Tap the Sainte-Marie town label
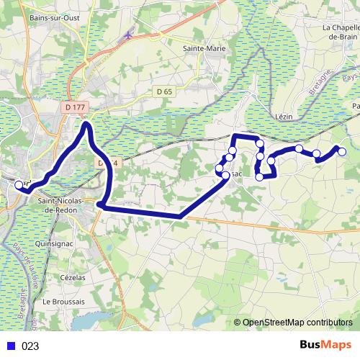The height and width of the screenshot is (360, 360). click(204, 48)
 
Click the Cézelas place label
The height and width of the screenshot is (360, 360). click(73, 277)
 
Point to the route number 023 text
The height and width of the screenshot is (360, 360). click(30, 346)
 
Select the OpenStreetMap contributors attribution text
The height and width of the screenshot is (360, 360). click(297, 322)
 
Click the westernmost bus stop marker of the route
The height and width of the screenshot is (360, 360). click(19, 185)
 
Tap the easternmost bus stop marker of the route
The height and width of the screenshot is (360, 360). click(342, 151)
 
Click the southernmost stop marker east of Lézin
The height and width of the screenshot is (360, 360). click(260, 176)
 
